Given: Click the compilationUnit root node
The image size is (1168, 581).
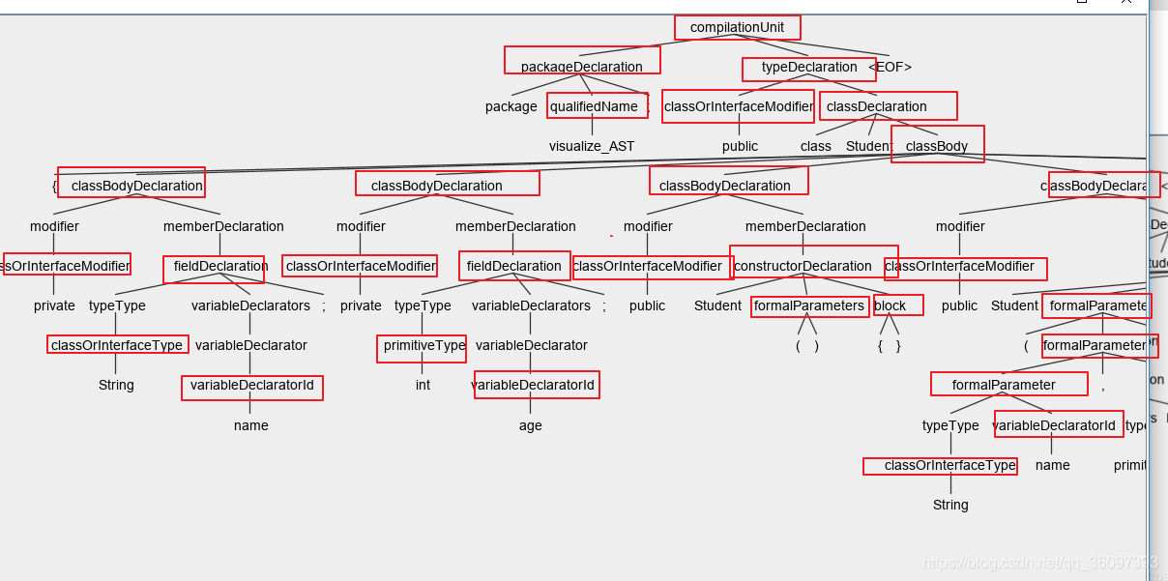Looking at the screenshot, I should (737, 27).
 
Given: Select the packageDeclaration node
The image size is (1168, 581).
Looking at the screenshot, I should (581, 67).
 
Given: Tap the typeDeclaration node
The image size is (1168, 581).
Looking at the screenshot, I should (808, 67).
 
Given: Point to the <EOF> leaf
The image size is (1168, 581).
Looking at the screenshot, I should (890, 67).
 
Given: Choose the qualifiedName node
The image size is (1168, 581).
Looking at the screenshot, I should (595, 106).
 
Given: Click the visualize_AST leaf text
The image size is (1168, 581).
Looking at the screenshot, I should (592, 146).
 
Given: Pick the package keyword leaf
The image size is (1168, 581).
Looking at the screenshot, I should (511, 106).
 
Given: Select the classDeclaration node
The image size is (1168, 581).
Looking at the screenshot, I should (877, 106).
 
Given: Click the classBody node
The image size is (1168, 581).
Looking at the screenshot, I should (937, 146).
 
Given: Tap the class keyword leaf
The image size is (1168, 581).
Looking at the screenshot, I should (815, 146).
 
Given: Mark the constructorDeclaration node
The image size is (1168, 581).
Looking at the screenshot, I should (803, 266).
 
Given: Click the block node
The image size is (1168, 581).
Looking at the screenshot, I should (891, 305).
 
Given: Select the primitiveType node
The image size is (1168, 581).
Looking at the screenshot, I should (423, 345).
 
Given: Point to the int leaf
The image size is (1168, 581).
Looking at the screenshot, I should (423, 385).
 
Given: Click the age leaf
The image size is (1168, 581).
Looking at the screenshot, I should (530, 425).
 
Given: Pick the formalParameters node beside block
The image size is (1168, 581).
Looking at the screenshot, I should (808, 305).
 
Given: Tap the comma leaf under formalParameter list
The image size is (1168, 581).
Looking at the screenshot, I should (1102, 386).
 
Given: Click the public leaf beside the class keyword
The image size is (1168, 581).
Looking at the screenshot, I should (740, 146).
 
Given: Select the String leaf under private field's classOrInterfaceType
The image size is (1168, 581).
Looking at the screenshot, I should (116, 385).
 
